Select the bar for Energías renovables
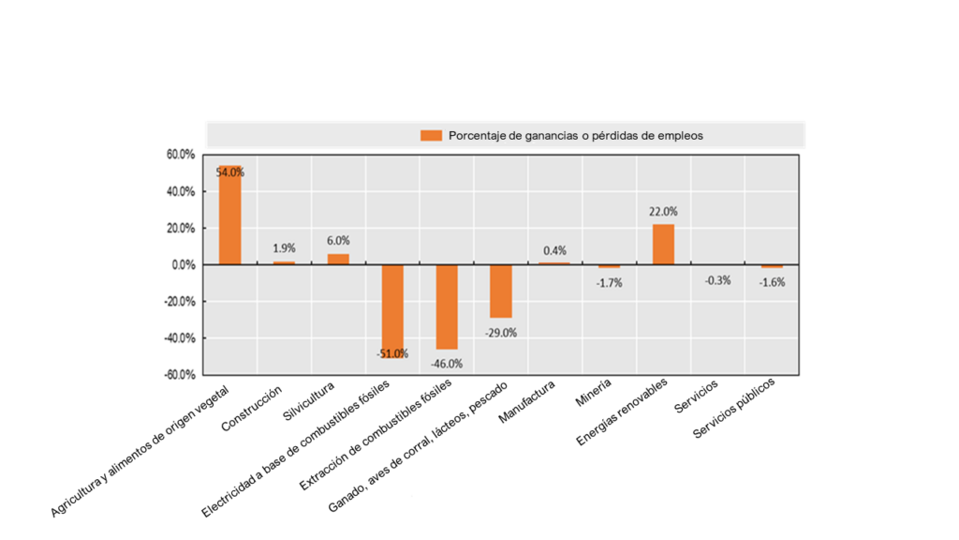(663, 245)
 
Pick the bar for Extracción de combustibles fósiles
(447, 306)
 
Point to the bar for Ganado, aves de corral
(501, 291)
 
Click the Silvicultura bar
(338, 259)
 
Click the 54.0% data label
(229, 172)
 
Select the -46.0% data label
(447, 364)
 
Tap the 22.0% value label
(663, 212)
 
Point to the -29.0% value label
(501, 332)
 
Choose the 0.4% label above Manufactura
(554, 250)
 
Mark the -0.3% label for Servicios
(717, 279)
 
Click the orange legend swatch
(431, 135)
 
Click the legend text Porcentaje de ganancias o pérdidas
(575, 135)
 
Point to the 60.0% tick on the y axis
(180, 155)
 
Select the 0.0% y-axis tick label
(183, 265)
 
